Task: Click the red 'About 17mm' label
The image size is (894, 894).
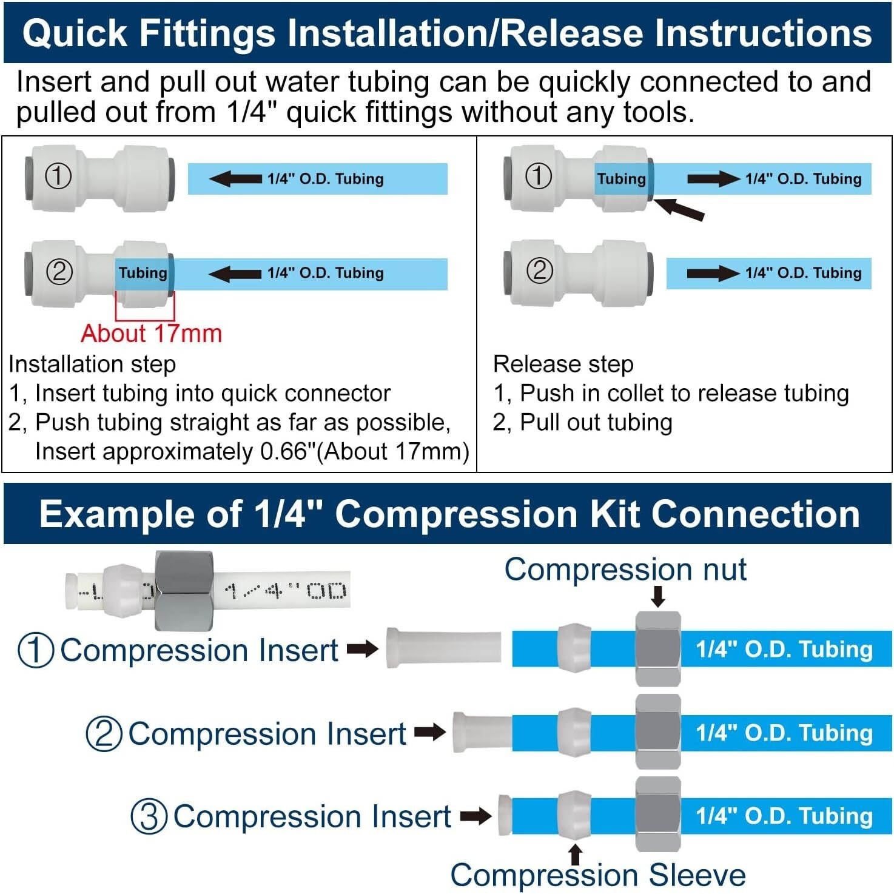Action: point(152,334)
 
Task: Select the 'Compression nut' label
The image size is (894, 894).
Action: point(625,570)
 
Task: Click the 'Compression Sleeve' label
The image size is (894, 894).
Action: point(597,875)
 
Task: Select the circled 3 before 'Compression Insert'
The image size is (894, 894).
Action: point(149,816)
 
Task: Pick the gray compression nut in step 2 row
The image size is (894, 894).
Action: point(658,732)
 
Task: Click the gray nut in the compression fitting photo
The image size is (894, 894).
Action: point(184,590)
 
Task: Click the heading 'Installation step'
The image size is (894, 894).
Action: point(92,364)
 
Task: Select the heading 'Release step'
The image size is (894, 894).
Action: point(563,364)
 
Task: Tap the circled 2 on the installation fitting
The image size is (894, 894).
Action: point(59,272)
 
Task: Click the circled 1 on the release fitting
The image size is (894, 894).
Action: point(538,176)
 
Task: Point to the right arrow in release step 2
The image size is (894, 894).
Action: point(713,273)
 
